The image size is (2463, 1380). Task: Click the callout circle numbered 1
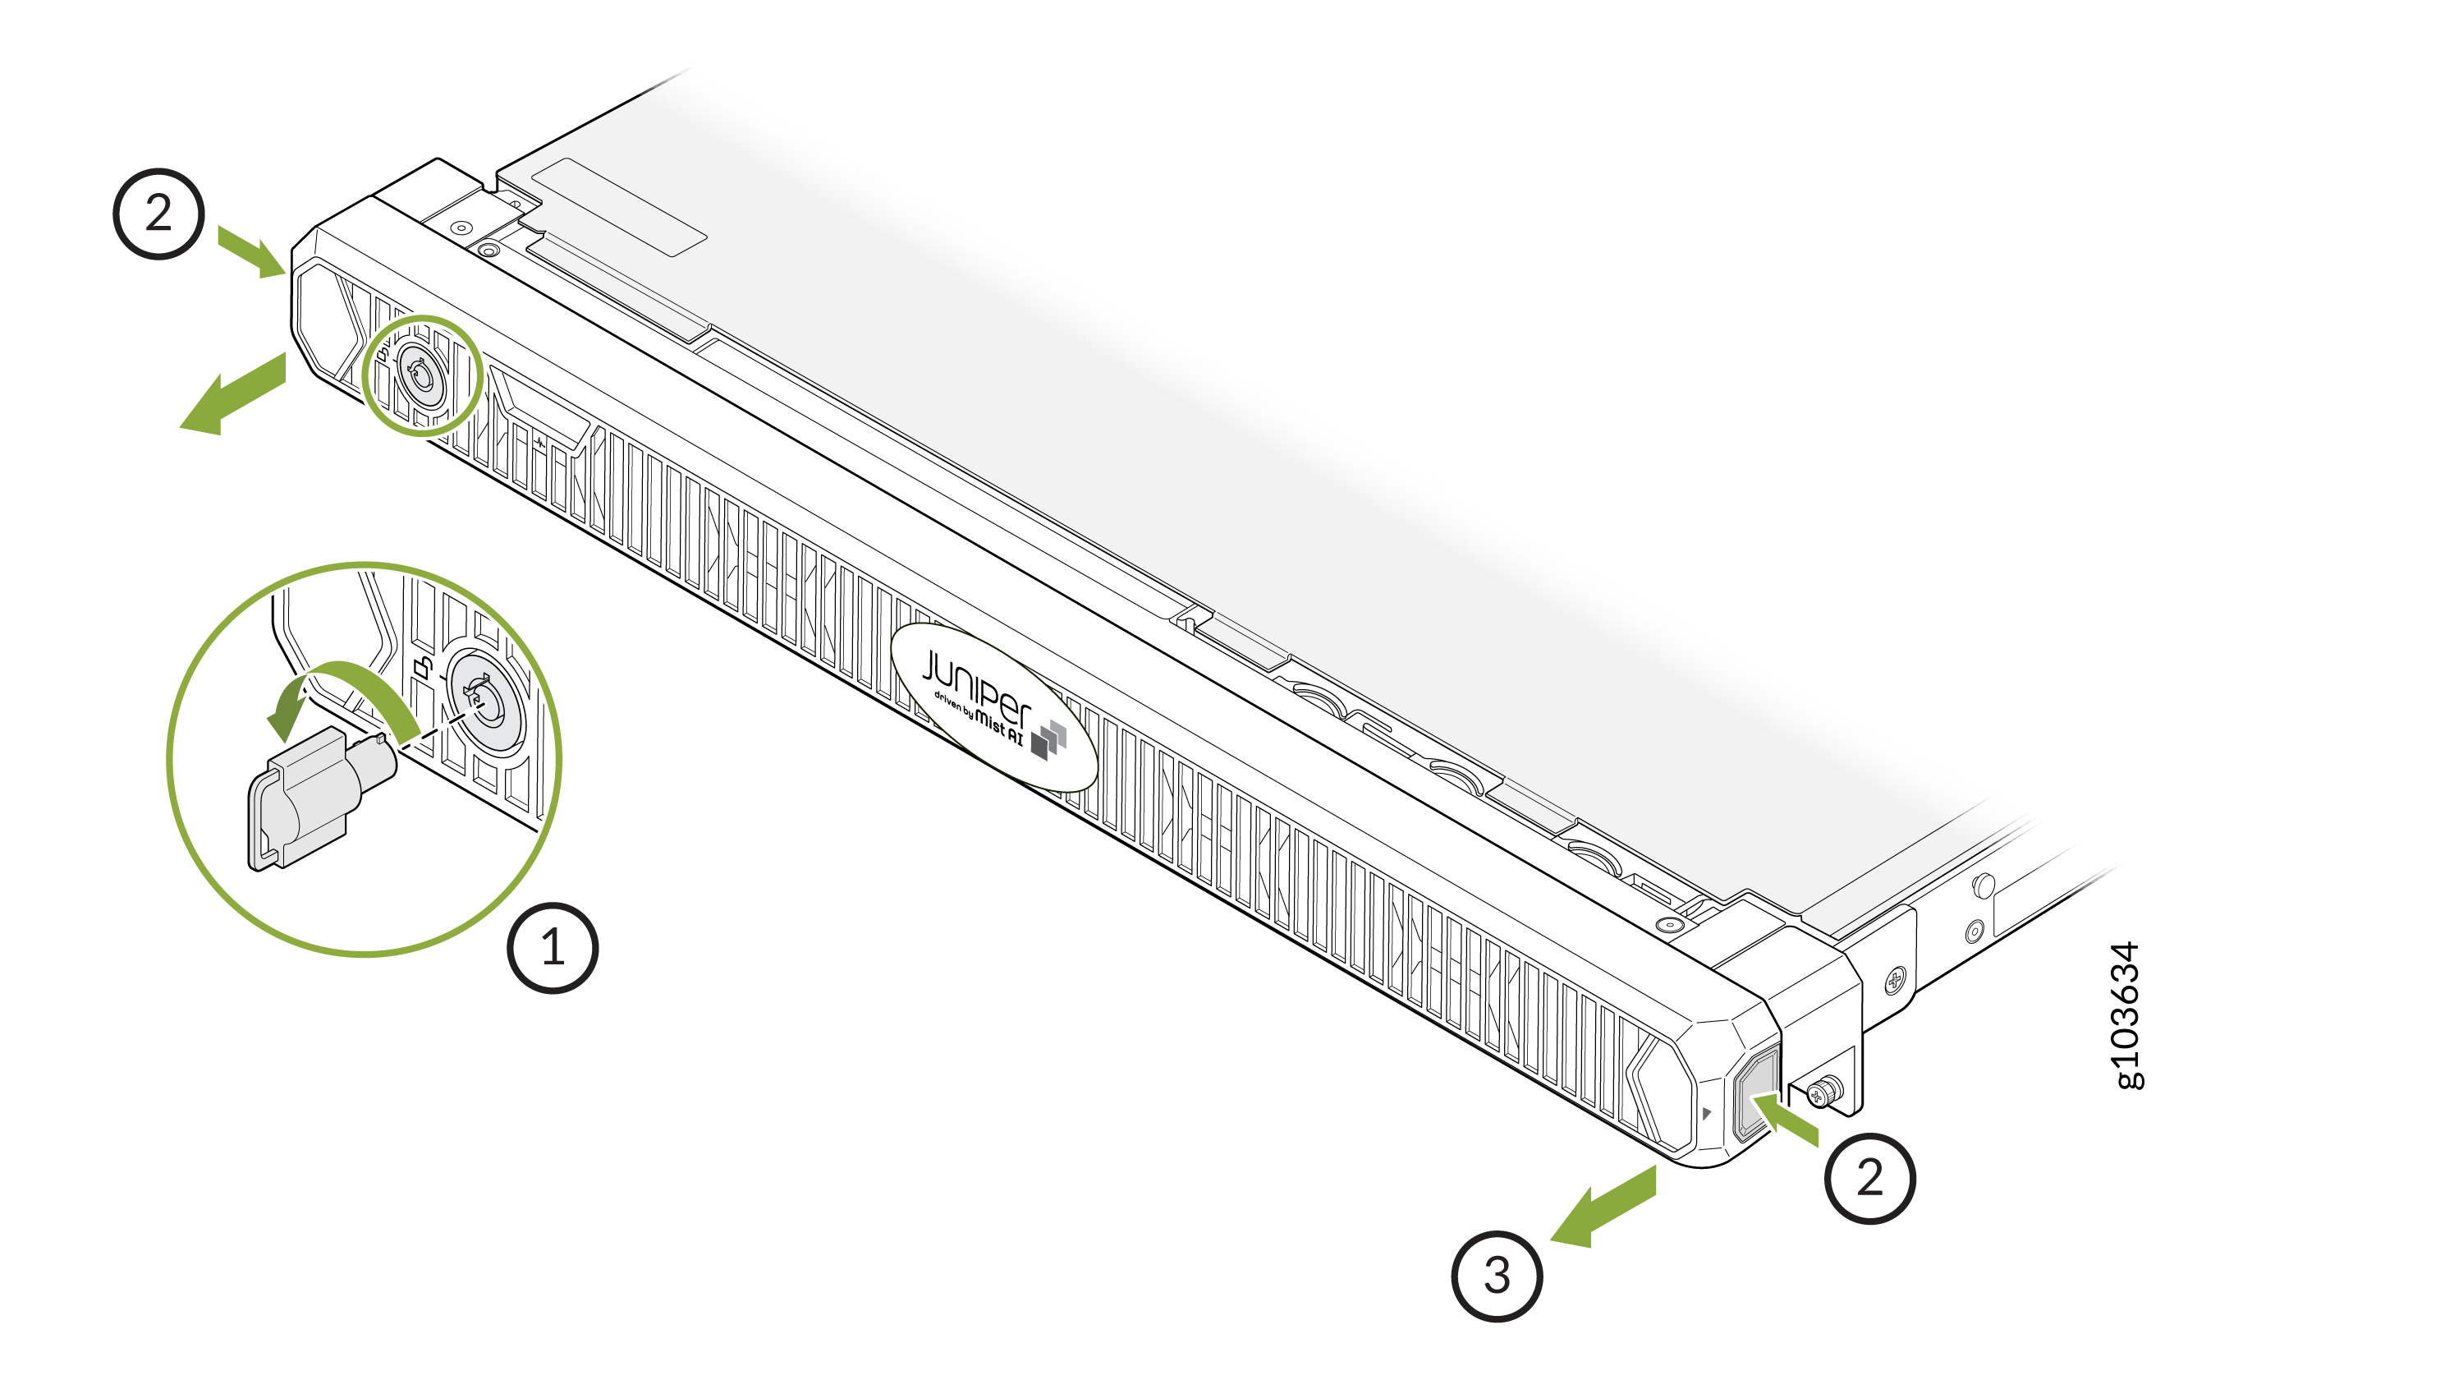point(553,948)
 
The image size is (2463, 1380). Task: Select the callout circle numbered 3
point(1497,1275)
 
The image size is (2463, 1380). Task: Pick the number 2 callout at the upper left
point(158,214)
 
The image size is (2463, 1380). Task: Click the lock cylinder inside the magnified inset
point(487,702)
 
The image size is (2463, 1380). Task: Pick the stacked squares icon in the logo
point(1049,739)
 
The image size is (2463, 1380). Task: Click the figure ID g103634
point(2125,1014)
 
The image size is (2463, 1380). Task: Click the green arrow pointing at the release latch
point(1786,1120)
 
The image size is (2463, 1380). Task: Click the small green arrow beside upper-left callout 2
point(252,251)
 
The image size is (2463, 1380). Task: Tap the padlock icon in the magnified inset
point(423,665)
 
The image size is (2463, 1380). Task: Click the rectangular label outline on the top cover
point(618,206)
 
